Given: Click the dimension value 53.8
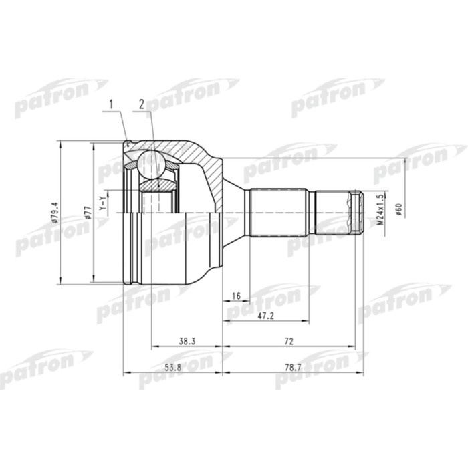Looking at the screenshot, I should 172,367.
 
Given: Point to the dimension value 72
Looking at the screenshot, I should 289,341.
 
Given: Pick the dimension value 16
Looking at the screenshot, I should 236,295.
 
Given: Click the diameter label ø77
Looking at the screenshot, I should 88,212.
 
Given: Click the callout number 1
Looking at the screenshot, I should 112,104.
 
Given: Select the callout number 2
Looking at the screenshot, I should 141,104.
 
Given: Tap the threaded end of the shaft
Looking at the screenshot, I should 354,211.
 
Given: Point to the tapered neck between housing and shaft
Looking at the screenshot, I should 233,201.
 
